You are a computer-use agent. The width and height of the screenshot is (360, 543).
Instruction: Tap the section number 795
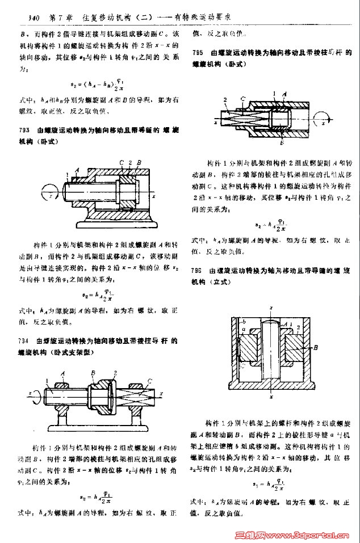click(x=198, y=53)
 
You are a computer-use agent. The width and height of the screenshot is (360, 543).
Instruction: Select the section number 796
click(x=198, y=271)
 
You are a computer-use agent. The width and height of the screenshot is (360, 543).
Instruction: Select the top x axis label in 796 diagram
click(x=271, y=308)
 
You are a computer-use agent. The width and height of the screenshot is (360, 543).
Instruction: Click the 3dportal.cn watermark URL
click(x=307, y=534)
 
